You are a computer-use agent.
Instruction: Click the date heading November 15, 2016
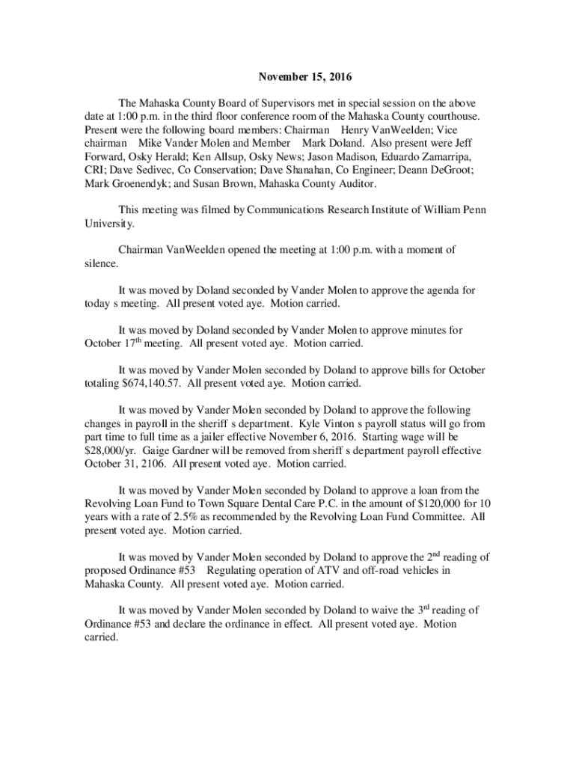(304, 77)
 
